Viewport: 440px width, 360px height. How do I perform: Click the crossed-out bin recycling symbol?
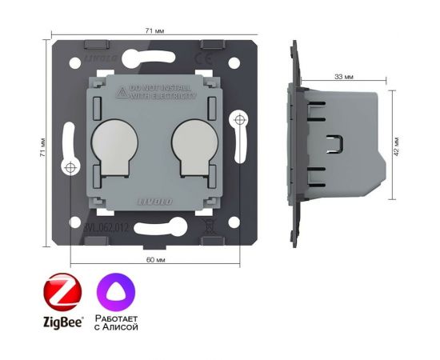(x=210, y=226)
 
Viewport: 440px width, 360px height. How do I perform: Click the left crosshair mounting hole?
(x=71, y=168)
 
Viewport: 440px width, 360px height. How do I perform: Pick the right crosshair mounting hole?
(x=238, y=120)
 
